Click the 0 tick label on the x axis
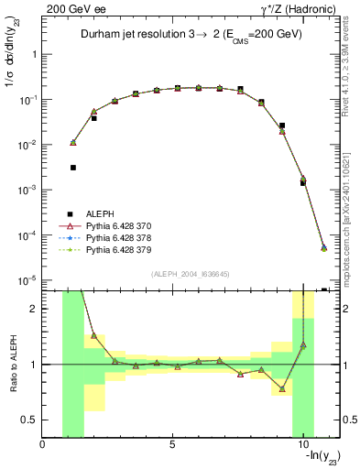coord(43,445)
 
